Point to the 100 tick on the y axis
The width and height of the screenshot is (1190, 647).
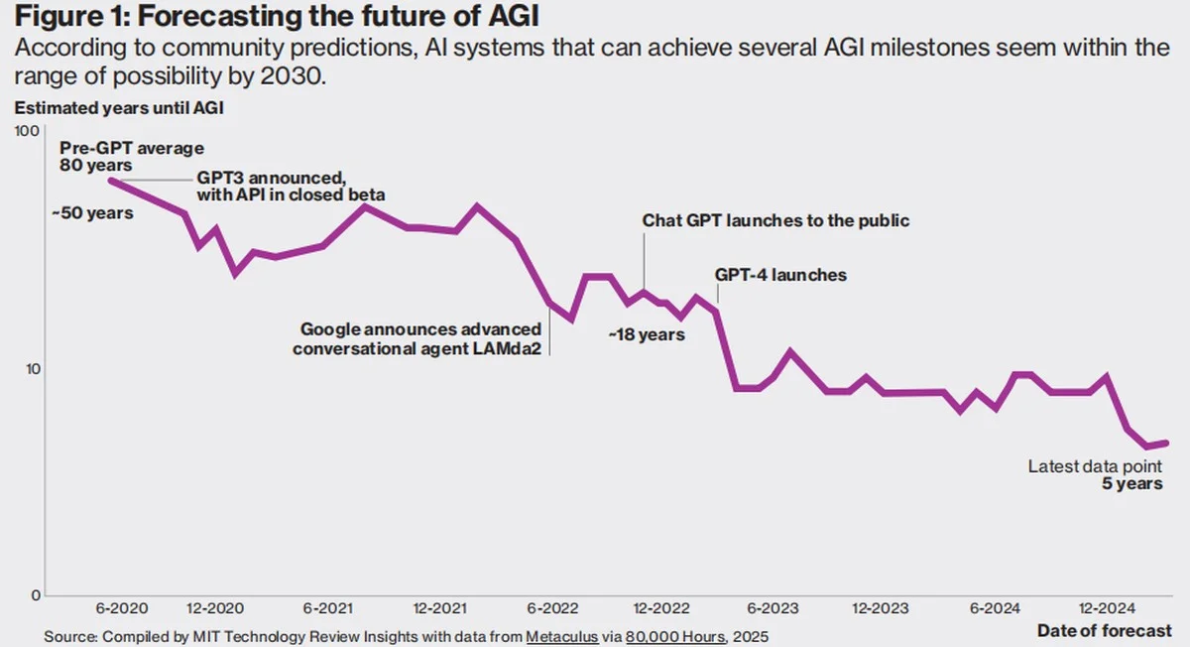point(26,131)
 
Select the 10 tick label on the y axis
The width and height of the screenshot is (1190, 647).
point(30,368)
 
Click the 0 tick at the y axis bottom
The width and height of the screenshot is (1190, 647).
point(33,595)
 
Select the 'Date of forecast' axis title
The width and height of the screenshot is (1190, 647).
point(1104,631)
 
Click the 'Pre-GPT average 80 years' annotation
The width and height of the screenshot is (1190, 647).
point(131,157)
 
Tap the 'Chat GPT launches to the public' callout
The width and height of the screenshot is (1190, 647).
point(774,220)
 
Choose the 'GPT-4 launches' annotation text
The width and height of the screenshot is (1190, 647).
point(780,274)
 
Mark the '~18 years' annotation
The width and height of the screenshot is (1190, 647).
point(647,334)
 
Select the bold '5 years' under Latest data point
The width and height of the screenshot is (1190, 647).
point(1131,484)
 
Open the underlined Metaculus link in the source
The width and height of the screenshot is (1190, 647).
point(561,636)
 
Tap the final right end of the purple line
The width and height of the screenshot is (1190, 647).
point(1166,443)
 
